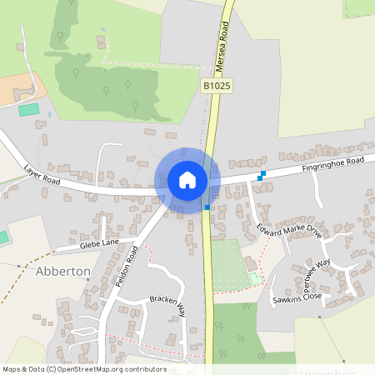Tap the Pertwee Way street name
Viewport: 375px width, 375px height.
pos(317,270)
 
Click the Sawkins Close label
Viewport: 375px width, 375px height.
pos(297,296)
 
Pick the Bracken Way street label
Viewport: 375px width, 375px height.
pos(166,306)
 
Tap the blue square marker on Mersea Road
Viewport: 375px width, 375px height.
pos(207,207)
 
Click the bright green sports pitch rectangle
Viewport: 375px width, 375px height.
pos(28,109)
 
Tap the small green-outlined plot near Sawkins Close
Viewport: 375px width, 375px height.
pos(256,279)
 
